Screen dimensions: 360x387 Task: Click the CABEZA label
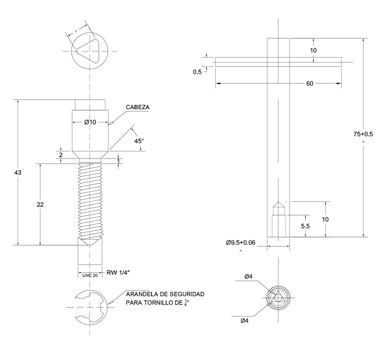click(x=138, y=107)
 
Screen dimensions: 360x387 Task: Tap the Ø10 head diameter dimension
click(x=90, y=122)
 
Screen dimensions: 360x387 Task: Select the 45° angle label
click(x=139, y=141)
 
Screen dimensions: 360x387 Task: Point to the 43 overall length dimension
click(x=18, y=173)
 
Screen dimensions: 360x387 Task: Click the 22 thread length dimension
click(x=40, y=204)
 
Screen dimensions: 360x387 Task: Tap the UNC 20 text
click(x=90, y=275)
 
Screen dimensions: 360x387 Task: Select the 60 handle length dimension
click(x=310, y=83)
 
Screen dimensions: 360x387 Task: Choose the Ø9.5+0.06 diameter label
click(x=241, y=242)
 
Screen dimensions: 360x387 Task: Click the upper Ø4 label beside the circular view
click(x=249, y=276)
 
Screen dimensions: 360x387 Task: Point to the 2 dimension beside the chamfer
click(x=61, y=155)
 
